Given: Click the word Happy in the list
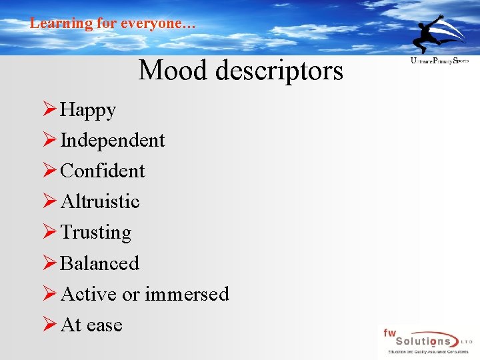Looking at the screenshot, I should click(x=88, y=110).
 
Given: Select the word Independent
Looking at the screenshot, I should click(x=112, y=141).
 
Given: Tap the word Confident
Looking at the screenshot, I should click(x=102, y=171).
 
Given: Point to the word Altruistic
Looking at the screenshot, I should click(x=100, y=202).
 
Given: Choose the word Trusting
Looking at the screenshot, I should click(x=95, y=233).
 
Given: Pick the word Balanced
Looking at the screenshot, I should click(x=99, y=263).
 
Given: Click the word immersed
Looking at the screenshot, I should click(x=187, y=294).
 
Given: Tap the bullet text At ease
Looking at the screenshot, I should click(x=91, y=325).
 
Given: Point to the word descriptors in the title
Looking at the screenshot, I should click(x=280, y=70).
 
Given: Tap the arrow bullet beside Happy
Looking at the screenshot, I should click(x=49, y=110).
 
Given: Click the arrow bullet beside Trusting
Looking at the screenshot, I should click(x=49, y=233).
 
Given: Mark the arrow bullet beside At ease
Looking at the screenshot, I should click(x=49, y=325).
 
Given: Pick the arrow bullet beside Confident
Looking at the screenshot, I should click(x=49, y=171).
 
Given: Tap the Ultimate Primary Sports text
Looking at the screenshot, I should click(x=439, y=61).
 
